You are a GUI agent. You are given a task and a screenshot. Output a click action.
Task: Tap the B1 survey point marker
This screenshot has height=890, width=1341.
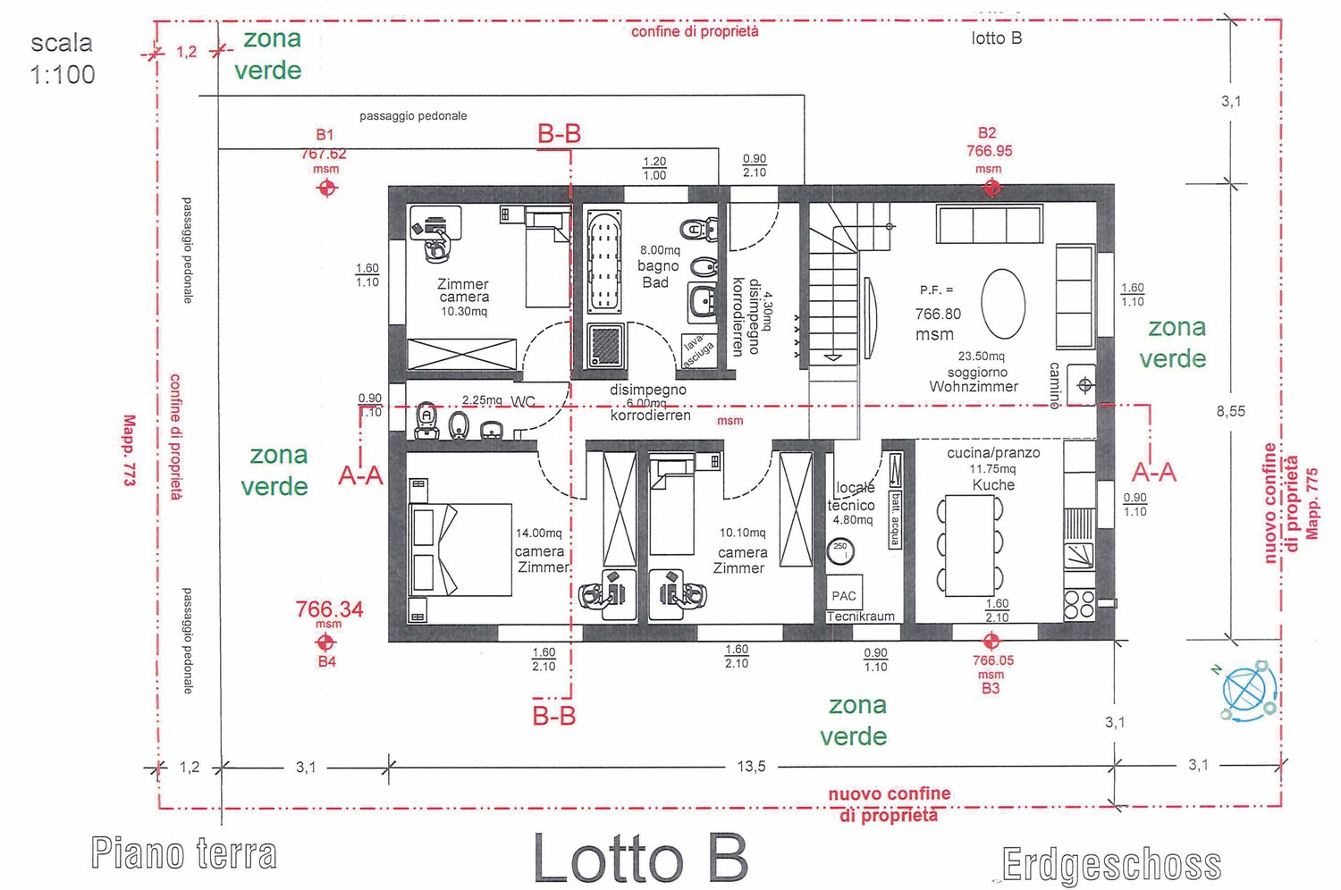click(327, 188)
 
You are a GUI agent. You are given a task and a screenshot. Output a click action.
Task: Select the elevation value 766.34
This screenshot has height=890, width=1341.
click(329, 609)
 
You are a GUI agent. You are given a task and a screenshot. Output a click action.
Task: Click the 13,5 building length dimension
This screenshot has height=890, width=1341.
click(751, 767)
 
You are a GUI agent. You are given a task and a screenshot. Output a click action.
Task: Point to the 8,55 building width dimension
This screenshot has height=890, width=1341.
click(1230, 411)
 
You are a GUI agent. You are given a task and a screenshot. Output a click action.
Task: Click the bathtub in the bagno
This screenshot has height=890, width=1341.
click(604, 261)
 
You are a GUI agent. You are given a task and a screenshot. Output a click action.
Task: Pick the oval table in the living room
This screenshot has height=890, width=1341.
click(1003, 304)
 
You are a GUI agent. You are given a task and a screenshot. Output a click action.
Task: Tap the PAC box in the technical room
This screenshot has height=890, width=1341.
click(844, 594)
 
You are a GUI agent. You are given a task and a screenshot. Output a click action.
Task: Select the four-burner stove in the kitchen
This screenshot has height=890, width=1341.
click(1079, 604)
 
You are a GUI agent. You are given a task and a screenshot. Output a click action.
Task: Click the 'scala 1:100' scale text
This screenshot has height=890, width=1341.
click(62, 59)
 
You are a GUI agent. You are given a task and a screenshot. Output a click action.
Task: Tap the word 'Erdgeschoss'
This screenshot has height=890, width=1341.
click(1111, 865)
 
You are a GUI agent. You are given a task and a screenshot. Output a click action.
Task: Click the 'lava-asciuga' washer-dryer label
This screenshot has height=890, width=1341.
click(698, 351)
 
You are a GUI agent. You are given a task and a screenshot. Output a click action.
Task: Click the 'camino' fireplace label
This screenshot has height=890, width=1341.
click(1055, 385)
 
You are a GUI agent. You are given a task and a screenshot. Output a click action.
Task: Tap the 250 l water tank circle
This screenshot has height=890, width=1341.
click(840, 550)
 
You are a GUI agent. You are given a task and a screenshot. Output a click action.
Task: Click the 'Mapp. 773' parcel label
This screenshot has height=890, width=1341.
click(130, 450)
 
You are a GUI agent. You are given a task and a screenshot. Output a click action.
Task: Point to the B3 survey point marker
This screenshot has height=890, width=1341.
click(991, 642)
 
